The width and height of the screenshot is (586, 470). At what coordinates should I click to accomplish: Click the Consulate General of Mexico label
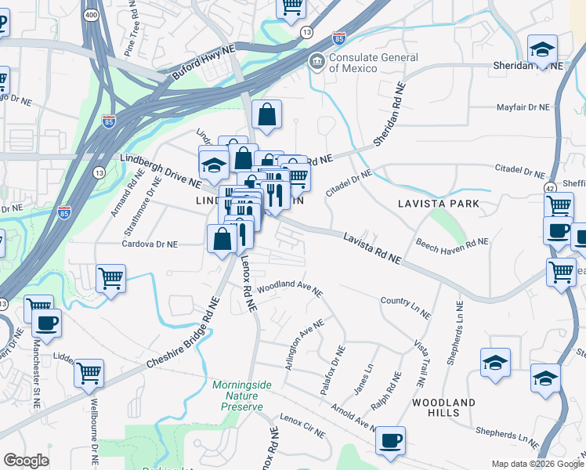click(373, 63)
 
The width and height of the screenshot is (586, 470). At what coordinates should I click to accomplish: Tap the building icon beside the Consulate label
click(317, 61)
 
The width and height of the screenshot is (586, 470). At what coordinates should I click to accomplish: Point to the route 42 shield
click(550, 189)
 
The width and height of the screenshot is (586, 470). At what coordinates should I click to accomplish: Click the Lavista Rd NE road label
click(372, 248)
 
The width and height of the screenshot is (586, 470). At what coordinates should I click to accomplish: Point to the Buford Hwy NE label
click(203, 63)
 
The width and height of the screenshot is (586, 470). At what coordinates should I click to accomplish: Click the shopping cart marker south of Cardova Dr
click(110, 278)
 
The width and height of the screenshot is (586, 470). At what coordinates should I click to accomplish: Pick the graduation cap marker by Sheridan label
click(541, 49)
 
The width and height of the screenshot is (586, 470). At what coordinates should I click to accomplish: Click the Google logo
click(26, 461)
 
